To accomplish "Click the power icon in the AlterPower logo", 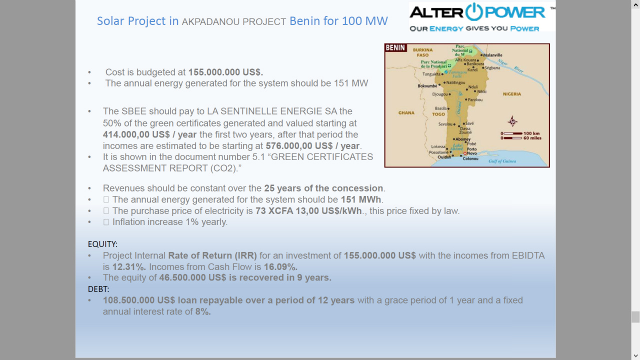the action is pos(474,11).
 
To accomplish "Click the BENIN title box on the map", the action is pos(395,47).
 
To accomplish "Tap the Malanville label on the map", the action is pos(492,55).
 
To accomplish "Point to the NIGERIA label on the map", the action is pos(511,94).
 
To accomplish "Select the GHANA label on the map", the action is pos(406,113).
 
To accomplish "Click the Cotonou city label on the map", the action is pos(470,158).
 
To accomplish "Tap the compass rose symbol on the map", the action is pos(512,121).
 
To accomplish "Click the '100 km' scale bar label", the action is pos(531,133).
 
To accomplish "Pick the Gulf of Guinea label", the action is pos(502,161).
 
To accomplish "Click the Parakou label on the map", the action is pos(475,99).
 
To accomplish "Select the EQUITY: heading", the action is pos(102,244).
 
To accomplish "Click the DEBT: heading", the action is pos(98,289).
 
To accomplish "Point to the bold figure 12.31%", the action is pos(129,267).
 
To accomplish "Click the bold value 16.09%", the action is pos(280,267).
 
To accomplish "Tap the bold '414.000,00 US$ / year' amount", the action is pos(149,134).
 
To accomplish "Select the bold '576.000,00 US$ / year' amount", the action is pos(312,146).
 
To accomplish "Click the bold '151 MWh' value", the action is pos(361,199).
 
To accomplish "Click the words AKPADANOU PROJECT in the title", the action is pos(233,21).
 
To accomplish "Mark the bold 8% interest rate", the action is pos(203,311).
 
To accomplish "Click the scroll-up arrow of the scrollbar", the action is pos(635,4).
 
